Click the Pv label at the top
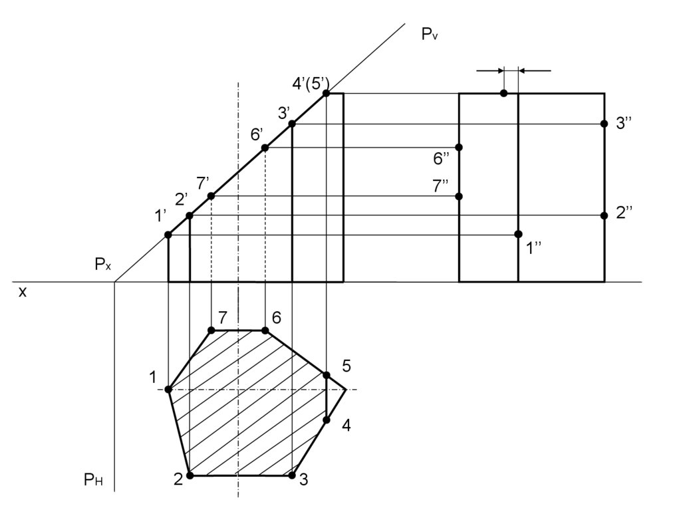[430, 34]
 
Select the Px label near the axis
[103, 265]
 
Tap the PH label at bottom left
[93, 479]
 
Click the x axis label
[23, 291]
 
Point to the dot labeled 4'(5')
[327, 94]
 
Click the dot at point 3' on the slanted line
[292, 124]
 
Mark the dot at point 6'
[265, 148]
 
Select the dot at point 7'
[211, 196]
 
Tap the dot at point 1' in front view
[168, 235]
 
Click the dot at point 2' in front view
[190, 215]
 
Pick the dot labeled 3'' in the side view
[604, 124]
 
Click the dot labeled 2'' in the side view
[604, 215]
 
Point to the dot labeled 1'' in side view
[518, 234]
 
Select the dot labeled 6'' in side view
[459, 147]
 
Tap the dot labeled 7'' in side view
[459, 196]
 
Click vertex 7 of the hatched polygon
[211, 330]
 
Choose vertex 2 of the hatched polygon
[190, 475]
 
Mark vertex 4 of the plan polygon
[327, 420]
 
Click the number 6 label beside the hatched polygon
[277, 318]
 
